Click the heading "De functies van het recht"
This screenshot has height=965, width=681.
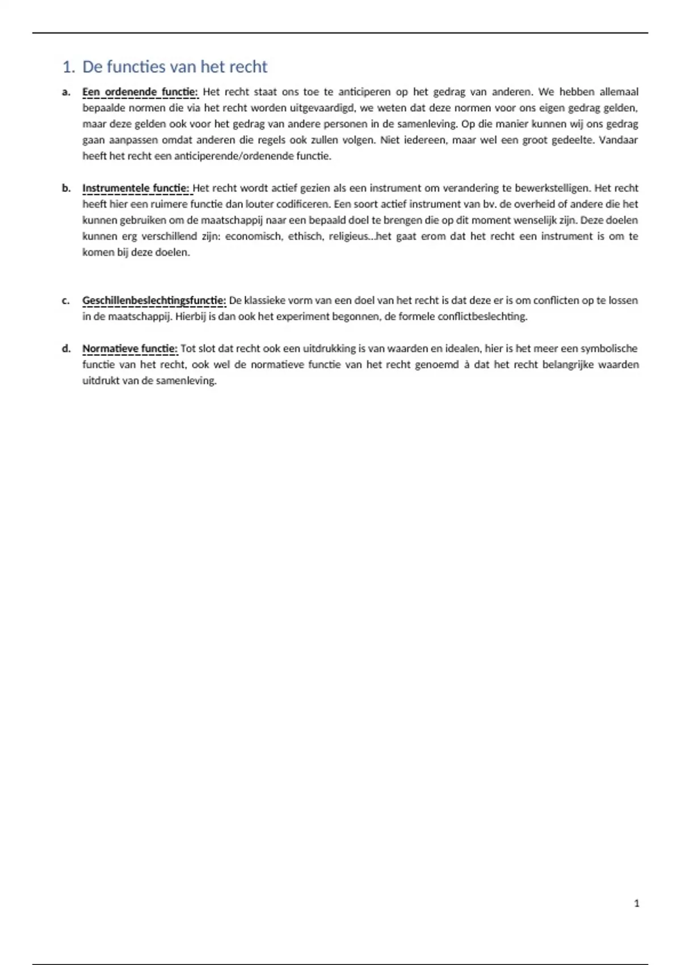[175, 67]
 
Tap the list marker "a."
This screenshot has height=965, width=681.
[66, 92]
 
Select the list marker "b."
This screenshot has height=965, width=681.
[66, 188]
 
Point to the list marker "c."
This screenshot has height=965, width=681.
[66, 300]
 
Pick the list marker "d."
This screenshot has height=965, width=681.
[66, 349]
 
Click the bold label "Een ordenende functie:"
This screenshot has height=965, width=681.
[140, 92]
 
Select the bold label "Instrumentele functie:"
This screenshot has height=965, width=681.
[136, 188]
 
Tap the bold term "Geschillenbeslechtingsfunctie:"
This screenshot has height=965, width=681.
[154, 300]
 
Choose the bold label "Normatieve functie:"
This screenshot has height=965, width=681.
[130, 349]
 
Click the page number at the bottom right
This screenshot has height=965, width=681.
[636, 903]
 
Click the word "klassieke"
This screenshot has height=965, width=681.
[265, 300]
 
